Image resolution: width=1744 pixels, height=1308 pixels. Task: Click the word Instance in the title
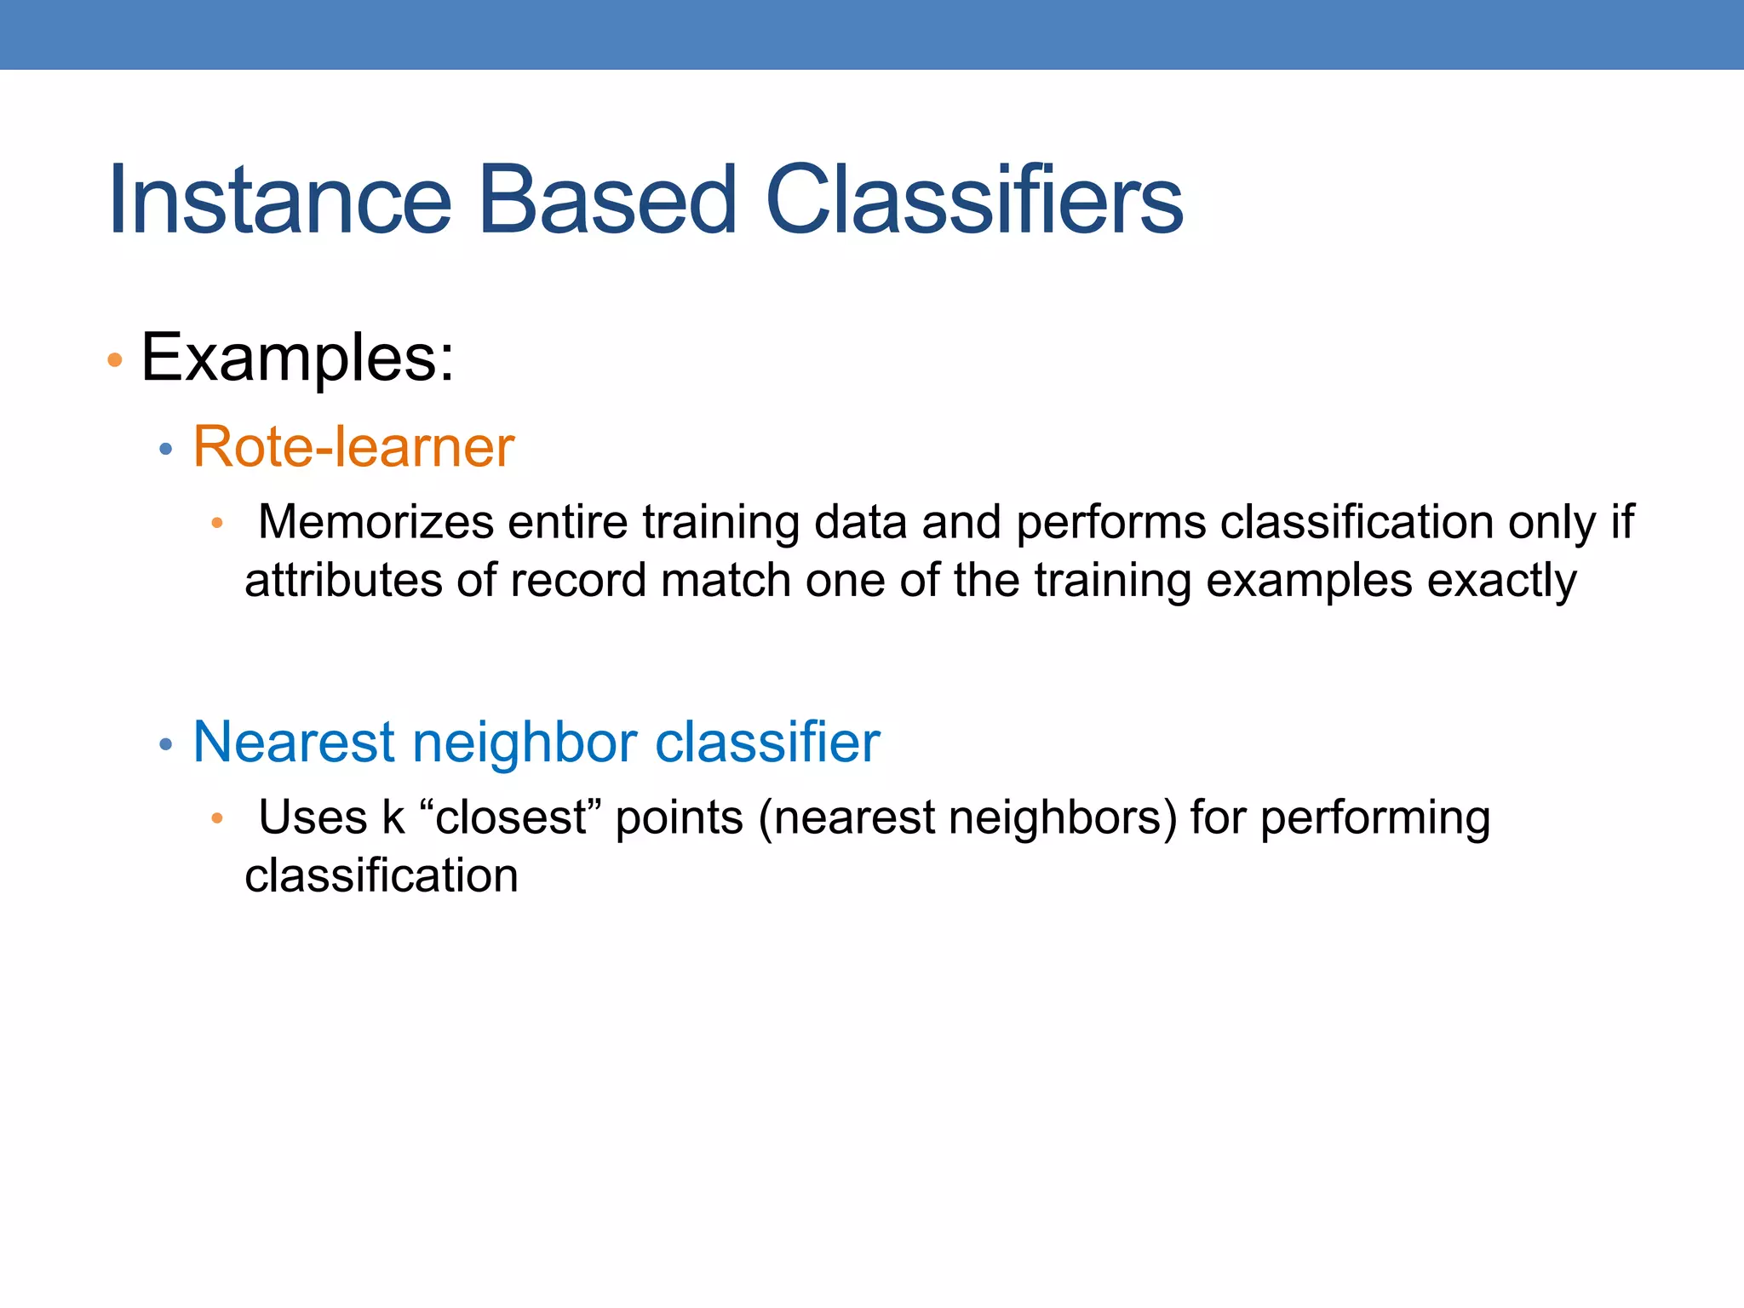279,200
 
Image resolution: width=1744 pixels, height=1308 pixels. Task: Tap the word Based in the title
607,200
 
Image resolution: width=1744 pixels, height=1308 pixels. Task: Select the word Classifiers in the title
974,200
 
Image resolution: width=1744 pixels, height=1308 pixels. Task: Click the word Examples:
297,359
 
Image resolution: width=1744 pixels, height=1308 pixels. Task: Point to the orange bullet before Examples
115,361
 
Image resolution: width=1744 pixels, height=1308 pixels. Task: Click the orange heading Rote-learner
353,447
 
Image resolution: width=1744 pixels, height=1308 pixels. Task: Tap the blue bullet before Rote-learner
166,449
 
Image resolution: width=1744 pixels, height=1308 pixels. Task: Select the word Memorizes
376,522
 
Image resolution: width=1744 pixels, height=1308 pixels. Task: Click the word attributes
342,582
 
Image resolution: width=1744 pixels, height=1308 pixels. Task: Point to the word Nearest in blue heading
295,742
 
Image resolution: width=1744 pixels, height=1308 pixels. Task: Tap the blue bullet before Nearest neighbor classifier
166,744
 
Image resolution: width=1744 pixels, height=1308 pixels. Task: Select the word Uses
313,817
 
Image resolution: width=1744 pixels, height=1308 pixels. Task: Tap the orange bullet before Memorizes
217,523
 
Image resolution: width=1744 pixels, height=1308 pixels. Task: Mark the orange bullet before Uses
217,818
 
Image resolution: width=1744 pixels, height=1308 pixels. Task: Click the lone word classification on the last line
381,876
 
